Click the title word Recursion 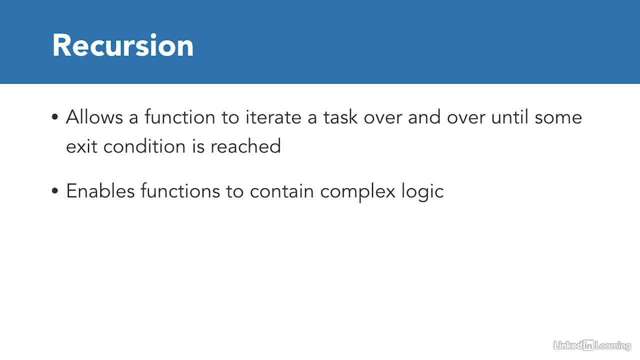[123, 45]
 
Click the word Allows [94, 117]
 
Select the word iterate [273, 117]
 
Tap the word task [340, 117]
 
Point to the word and [424, 117]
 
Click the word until [509, 117]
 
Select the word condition [144, 146]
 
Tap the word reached [245, 146]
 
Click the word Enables [100, 191]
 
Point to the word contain [282, 191]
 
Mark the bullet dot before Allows [55, 116]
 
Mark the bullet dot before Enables [55, 190]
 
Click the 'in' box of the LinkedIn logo [588, 345]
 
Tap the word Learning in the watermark [613, 346]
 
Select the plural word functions [180, 191]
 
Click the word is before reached [198, 146]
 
